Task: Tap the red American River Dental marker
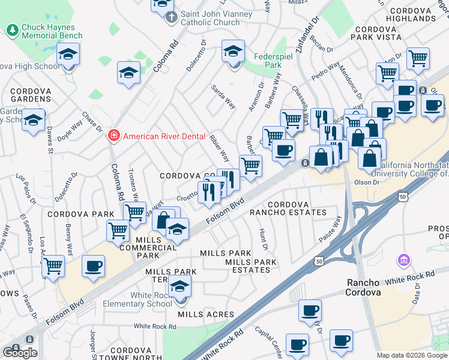(x=112, y=136)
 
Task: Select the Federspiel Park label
(x=265, y=59)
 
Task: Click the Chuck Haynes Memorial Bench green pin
(x=12, y=29)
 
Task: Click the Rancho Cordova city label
(x=367, y=287)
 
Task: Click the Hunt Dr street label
(x=263, y=239)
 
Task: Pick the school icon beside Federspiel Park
(x=233, y=52)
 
